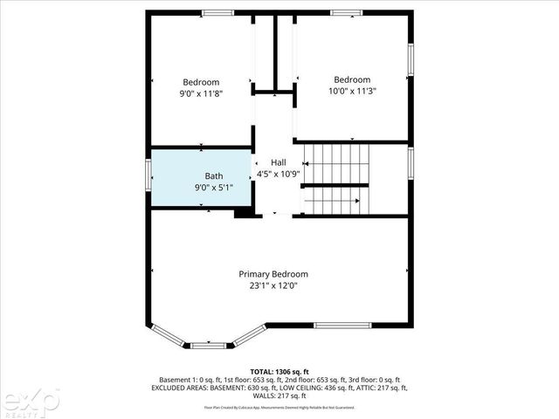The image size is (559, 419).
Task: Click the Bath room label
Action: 213,175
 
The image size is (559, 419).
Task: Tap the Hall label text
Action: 278,162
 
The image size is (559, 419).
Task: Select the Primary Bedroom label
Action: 273,273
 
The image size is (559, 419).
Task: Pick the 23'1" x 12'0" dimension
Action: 273,285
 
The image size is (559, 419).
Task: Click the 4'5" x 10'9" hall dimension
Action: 278,174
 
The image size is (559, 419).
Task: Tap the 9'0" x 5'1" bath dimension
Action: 213,187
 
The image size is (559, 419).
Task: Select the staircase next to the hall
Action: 336,179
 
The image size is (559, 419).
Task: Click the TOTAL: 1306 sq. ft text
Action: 279,371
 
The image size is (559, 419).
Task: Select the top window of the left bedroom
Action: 217,12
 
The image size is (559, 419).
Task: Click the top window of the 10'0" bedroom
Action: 346,12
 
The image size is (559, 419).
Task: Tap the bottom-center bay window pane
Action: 207,346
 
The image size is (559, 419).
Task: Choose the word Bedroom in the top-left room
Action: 200,82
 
